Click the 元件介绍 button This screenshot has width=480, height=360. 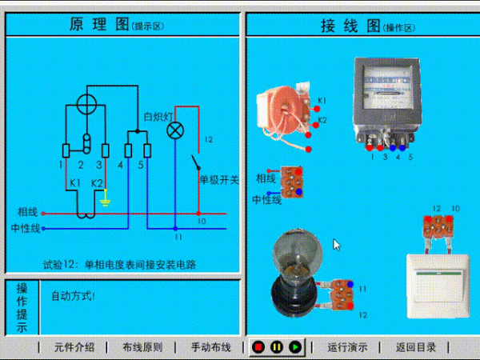74,347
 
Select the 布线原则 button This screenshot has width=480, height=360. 142,347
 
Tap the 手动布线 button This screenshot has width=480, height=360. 210,347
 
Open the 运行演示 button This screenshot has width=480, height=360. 348,347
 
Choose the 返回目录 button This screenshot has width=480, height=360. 416,347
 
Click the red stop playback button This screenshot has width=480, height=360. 258,347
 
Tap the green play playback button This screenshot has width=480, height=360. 294,347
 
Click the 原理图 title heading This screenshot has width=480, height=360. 102,24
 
